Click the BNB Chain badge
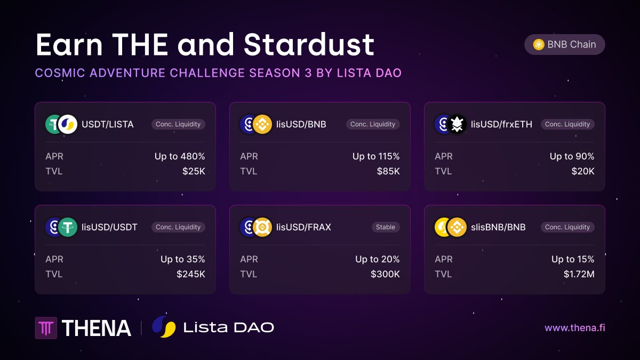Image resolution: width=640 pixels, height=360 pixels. coord(565,44)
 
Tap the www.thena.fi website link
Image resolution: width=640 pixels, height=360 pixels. coord(574,327)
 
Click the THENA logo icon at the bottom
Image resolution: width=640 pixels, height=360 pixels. coord(46,328)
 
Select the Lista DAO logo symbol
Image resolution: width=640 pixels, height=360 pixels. coord(164,326)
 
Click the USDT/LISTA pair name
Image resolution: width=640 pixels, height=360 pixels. coord(107,124)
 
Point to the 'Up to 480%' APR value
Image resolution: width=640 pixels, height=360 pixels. coord(180,156)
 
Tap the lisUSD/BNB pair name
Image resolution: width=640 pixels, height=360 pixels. coord(301,124)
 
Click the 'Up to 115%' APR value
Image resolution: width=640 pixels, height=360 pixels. coord(376,156)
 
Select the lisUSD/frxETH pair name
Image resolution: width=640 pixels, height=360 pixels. coord(501,124)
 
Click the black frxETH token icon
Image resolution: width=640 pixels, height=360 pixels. coord(457,124)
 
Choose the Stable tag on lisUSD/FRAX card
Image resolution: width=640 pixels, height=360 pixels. coord(385,227)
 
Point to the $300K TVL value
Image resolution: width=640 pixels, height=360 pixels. coord(385,274)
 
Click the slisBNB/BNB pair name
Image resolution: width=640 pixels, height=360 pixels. coord(498,227)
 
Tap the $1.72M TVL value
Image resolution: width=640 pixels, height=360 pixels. coord(579,274)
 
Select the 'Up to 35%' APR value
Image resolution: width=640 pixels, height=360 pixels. coord(182,259)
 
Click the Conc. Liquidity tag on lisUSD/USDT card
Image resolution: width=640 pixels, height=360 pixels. coord(178,227)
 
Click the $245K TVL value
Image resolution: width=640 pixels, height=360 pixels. coord(190,274)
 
